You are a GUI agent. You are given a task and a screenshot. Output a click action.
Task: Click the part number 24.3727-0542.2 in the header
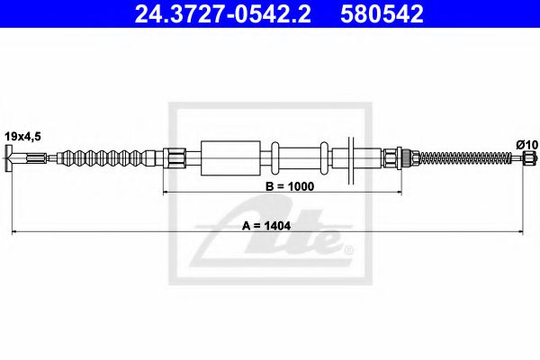[x=225, y=14]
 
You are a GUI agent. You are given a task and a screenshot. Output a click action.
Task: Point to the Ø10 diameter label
[x=526, y=144]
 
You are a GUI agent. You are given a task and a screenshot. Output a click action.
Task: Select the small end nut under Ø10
[x=529, y=160]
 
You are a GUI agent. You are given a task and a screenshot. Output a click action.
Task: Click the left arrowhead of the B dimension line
[x=166, y=192]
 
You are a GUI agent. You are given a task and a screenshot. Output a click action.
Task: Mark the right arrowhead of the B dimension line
[x=392, y=192]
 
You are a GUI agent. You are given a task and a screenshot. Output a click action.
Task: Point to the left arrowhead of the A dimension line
[x=14, y=233]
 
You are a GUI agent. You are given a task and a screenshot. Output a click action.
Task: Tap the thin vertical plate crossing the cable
[x=353, y=160]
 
